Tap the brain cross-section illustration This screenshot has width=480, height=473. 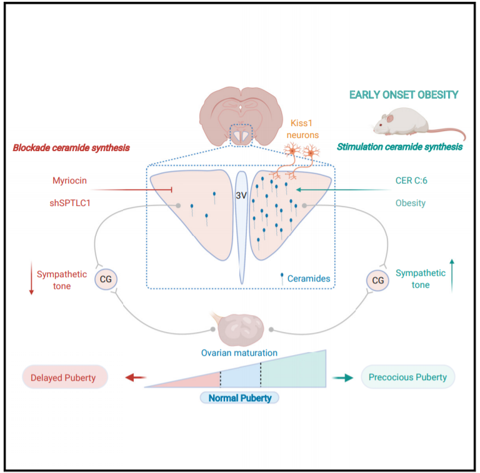(240, 112)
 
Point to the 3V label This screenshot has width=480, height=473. (241, 195)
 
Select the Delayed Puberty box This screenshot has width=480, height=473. (65, 377)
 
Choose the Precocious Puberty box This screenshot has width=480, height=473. (407, 377)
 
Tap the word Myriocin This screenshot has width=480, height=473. (69, 180)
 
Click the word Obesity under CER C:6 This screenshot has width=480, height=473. (411, 203)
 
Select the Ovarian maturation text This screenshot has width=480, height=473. (239, 353)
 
